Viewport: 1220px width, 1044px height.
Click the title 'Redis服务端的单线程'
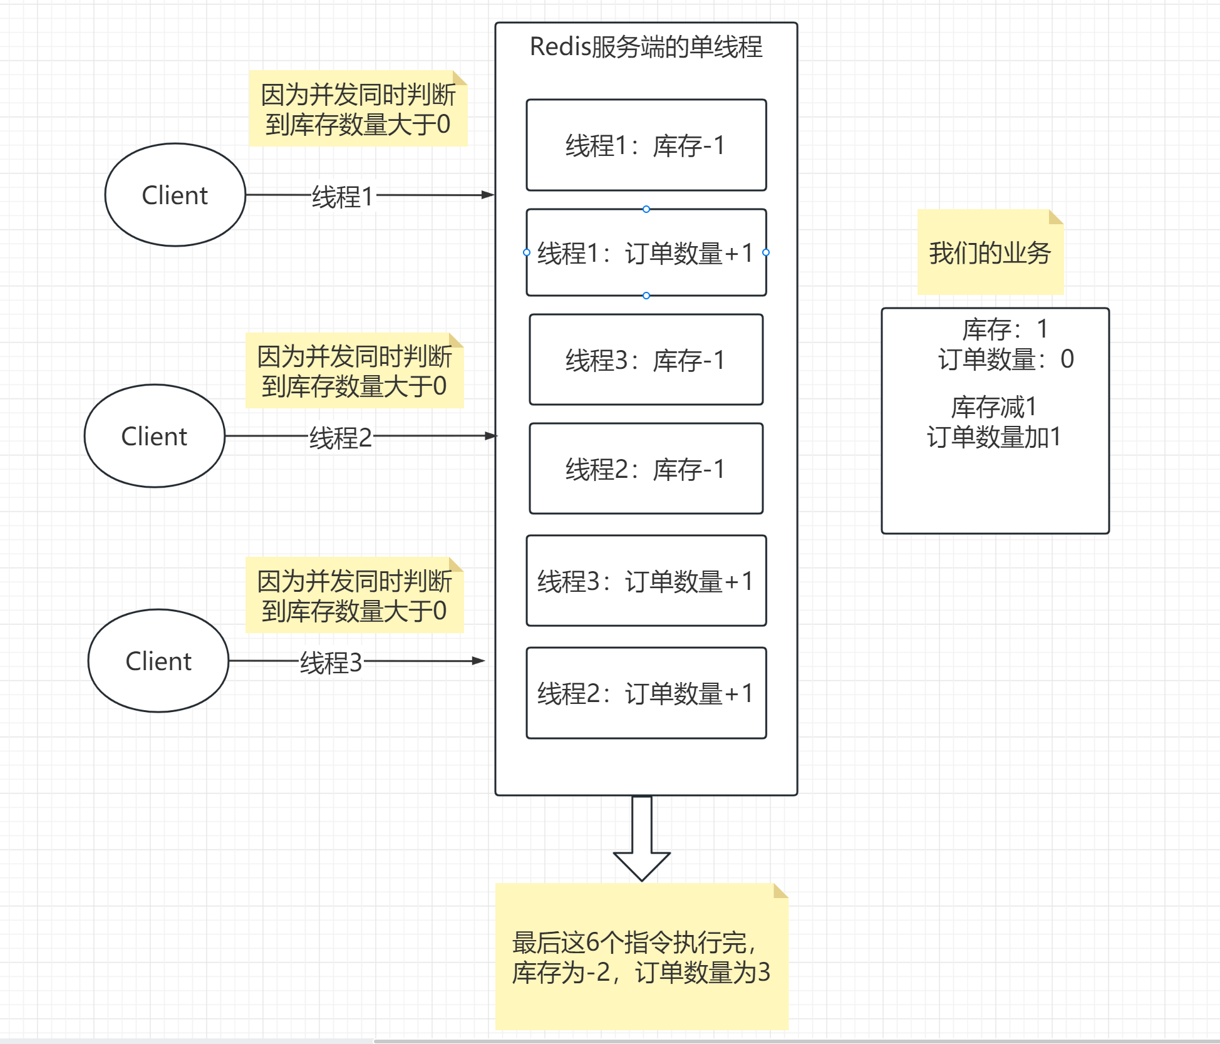coord(646,47)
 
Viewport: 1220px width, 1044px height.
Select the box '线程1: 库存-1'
coord(646,145)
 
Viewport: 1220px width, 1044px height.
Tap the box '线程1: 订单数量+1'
coord(646,253)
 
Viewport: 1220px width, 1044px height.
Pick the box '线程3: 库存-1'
coord(646,360)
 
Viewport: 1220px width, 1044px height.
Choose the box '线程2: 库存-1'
coord(646,469)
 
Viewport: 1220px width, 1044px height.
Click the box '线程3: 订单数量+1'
coord(646,581)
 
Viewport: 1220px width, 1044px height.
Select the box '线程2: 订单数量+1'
coord(646,693)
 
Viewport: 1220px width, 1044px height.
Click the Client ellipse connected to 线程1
coord(175,195)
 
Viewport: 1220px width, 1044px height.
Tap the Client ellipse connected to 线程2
coord(154,437)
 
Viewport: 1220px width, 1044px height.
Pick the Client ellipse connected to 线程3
coord(158,661)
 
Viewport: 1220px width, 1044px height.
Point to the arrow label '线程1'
coord(343,197)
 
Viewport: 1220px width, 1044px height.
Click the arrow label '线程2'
coord(340,438)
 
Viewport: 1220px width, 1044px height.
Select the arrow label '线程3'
coord(331,663)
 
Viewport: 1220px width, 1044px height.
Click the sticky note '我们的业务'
coord(990,253)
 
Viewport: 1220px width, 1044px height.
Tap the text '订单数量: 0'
coord(1005,359)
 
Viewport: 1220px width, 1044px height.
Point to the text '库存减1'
coord(994,407)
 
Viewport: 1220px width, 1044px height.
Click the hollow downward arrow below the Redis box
coord(641,839)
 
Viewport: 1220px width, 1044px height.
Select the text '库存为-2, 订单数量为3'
coord(641,973)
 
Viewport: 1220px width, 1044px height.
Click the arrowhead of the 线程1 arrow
coord(488,195)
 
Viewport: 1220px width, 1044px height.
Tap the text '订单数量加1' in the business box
coord(994,437)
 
